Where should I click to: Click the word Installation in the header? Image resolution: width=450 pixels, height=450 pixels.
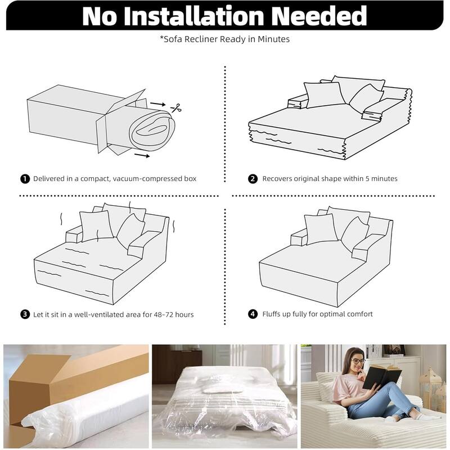[193, 16]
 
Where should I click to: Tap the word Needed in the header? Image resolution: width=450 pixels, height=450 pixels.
[319, 16]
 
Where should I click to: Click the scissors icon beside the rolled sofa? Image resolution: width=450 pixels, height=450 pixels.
[176, 108]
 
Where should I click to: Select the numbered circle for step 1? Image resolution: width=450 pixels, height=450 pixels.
[25, 179]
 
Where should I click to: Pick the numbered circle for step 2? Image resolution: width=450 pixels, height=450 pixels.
[253, 179]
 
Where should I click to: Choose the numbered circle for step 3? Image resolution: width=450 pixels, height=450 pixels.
[25, 314]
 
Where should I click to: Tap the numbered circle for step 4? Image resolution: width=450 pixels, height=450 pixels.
[253, 314]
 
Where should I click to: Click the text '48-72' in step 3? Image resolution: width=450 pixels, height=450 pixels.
[163, 314]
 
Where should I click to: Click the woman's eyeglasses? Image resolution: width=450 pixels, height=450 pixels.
[358, 361]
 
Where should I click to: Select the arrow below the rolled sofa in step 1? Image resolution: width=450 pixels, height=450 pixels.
[142, 156]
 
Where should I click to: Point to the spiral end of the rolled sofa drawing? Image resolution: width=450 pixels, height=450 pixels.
[152, 130]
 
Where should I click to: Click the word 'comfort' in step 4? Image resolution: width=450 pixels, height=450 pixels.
[360, 314]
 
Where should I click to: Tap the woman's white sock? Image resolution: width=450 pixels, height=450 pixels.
[416, 415]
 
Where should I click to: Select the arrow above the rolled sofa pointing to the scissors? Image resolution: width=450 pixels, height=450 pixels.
[158, 104]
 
